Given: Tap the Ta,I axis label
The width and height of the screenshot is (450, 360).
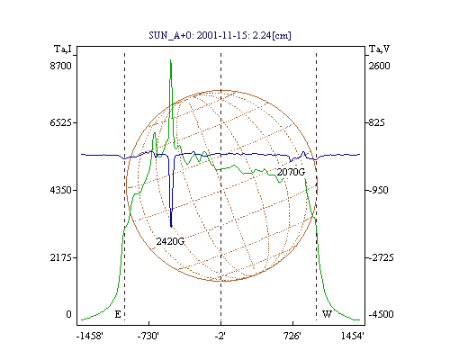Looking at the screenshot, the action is (x=63, y=49).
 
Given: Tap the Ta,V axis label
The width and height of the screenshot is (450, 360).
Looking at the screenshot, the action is (x=379, y=49).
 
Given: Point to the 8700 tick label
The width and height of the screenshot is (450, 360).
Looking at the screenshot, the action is (x=60, y=66).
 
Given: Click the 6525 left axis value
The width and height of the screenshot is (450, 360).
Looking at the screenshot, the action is (x=60, y=122).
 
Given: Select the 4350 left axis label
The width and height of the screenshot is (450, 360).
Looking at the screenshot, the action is (x=60, y=190).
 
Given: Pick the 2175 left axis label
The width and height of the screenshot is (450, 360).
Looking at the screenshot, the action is (x=60, y=257).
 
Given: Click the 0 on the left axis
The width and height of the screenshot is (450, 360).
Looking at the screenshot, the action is (x=68, y=314).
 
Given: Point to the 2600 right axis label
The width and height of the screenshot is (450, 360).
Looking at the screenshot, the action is (x=379, y=66).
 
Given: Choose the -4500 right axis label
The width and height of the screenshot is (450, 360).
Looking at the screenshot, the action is (x=381, y=314).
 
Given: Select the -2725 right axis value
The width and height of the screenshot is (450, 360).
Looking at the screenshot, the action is (x=381, y=257).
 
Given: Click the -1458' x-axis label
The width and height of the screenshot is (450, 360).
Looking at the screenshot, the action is (x=90, y=336).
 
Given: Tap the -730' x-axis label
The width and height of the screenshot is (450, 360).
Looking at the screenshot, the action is (x=148, y=336).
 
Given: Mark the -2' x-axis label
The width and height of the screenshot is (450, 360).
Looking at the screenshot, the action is (x=220, y=336).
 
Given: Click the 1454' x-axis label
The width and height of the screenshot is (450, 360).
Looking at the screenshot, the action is (x=353, y=336).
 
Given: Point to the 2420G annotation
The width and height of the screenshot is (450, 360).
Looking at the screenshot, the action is (x=170, y=241).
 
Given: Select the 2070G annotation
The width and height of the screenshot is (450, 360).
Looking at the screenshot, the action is (x=291, y=172).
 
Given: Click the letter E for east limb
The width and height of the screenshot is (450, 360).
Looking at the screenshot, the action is (x=118, y=314).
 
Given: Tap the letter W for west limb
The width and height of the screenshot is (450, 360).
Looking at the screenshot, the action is (x=327, y=314).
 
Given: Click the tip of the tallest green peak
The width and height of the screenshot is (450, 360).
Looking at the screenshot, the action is (x=170, y=60).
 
